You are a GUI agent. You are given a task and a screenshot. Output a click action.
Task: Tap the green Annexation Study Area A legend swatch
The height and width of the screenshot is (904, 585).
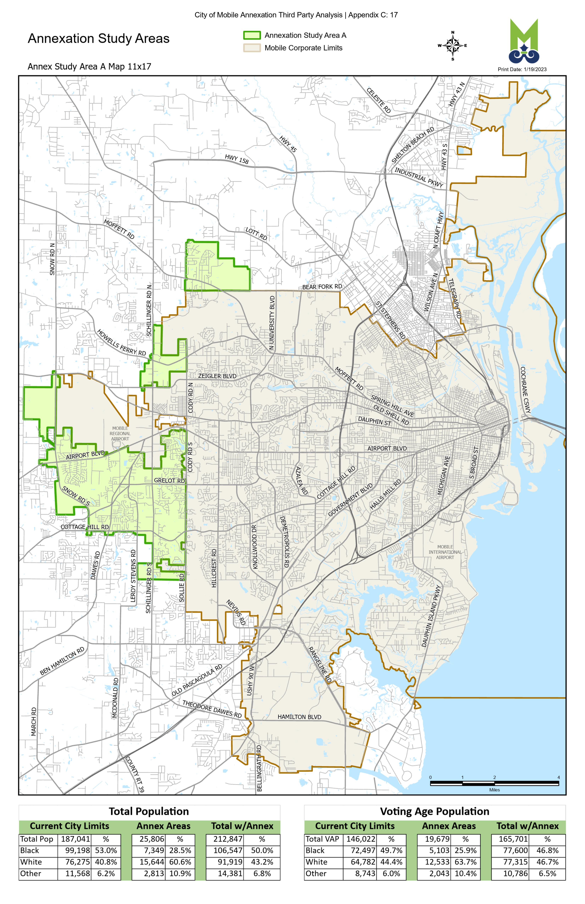tap(252, 35)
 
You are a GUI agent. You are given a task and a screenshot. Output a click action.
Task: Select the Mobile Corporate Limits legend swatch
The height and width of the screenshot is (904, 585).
tap(252, 48)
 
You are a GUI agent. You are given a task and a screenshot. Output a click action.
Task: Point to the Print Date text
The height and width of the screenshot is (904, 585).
tap(522, 69)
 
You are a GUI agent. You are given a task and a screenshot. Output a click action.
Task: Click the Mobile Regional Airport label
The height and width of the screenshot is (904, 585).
tap(120, 433)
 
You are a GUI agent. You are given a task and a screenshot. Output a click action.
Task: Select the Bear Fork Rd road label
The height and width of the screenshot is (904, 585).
tap(322, 287)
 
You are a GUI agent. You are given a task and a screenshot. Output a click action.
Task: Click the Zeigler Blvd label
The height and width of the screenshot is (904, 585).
tap(217, 376)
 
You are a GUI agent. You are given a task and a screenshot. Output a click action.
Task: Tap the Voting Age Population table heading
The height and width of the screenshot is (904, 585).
tap(434, 811)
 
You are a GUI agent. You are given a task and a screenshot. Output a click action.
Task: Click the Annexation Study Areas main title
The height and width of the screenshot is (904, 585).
tap(99, 38)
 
